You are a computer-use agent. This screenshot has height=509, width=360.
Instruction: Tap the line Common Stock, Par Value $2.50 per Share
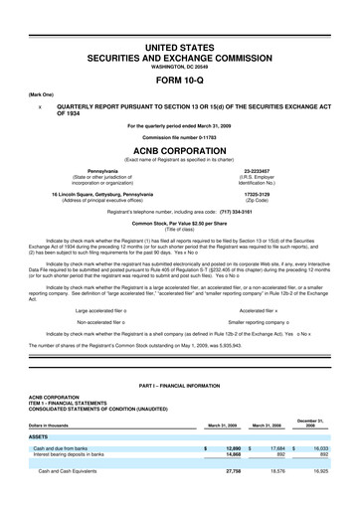tap(179, 211)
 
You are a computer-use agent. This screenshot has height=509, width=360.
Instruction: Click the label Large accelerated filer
tap(111, 283)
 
